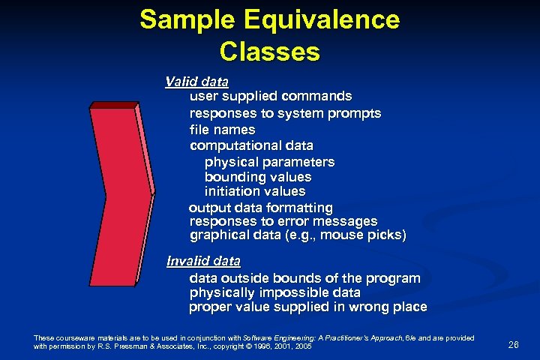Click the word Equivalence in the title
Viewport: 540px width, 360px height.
click(322, 19)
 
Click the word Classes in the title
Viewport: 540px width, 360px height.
click(270, 52)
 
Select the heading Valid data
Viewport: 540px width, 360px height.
click(197, 81)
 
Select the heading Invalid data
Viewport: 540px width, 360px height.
click(203, 262)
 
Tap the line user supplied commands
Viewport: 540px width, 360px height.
click(271, 97)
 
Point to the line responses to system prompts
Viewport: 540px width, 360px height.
click(285, 113)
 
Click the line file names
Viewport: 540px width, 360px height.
click(222, 130)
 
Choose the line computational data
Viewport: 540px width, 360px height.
click(251, 145)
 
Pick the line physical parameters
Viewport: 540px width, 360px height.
click(269, 162)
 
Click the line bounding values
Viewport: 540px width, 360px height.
click(257, 177)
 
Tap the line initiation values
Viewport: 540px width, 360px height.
click(255, 192)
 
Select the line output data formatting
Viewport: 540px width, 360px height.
click(260, 207)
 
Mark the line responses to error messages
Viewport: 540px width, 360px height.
click(283, 222)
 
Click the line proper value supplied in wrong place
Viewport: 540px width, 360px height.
click(307, 307)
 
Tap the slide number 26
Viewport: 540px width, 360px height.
click(514, 345)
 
